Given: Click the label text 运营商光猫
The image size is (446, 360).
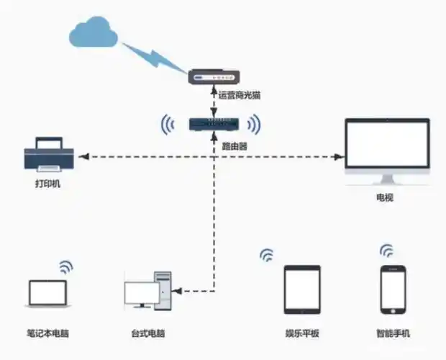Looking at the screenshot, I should click(x=238, y=95).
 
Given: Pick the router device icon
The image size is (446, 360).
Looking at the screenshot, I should click(x=213, y=125).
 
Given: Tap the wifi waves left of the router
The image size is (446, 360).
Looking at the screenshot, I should click(x=168, y=125).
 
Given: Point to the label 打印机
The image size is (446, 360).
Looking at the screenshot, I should click(x=49, y=184).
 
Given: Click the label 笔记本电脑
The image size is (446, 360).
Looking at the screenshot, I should click(x=48, y=333).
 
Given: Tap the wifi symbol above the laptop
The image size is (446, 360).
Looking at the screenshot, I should click(x=66, y=266).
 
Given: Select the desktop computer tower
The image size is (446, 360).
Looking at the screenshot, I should click(x=164, y=292).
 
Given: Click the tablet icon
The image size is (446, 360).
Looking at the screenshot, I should click(x=301, y=289).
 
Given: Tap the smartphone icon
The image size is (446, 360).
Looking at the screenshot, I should click(x=393, y=289).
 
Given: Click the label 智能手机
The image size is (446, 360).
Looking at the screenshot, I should click(x=393, y=333).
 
